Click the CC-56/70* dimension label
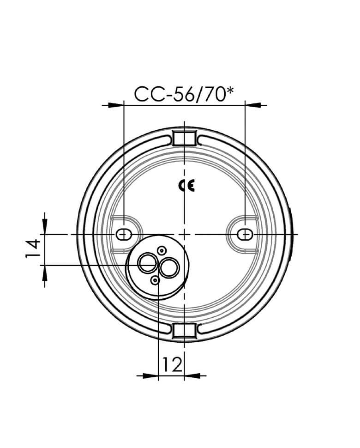tap(184, 94)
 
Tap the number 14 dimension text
tap(33, 248)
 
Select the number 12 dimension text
tap(172, 364)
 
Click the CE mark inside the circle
tap(187, 186)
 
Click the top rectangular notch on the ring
tap(185, 137)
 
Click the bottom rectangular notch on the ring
tap(185, 331)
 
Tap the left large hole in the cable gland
tap(147, 263)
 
